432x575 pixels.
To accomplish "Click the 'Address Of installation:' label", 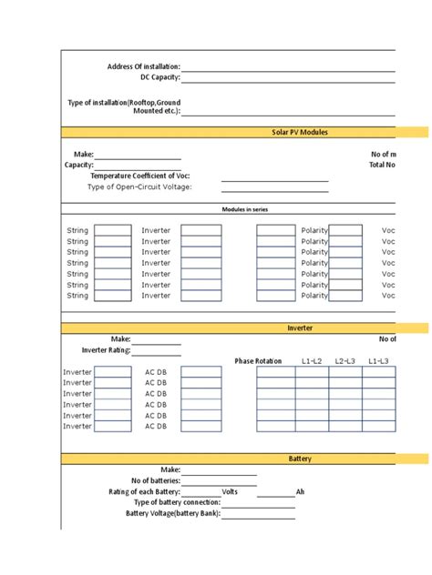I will click(x=143, y=66).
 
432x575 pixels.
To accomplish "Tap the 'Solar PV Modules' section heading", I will click(x=300, y=132).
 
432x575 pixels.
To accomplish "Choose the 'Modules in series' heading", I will click(x=245, y=209).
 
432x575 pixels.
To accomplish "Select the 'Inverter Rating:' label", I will click(x=107, y=350).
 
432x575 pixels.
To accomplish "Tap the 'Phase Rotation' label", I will click(x=258, y=361).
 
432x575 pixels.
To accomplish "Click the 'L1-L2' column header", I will click(x=312, y=361).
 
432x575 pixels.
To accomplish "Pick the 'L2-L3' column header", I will click(x=345, y=361).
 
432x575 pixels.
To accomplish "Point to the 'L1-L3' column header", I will click(x=378, y=361).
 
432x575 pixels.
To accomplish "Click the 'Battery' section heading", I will click(x=301, y=459).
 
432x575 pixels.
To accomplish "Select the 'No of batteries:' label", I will click(x=156, y=480).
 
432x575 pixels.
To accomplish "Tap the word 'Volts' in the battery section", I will click(x=230, y=491).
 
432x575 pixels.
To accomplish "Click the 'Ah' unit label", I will click(x=301, y=491).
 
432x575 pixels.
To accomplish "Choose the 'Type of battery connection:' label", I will click(x=177, y=502).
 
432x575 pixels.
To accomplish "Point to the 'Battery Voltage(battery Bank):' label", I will click(x=173, y=513).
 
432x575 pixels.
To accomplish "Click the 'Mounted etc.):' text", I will click(x=157, y=111).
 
